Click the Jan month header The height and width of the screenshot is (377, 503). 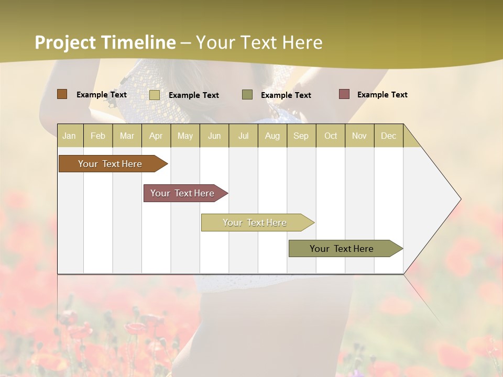click(x=70, y=136)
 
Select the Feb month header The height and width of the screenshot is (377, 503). click(x=98, y=136)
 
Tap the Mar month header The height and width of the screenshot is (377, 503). click(x=127, y=136)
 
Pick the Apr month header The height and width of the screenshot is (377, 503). click(x=156, y=136)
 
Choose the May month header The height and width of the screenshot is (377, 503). click(x=185, y=136)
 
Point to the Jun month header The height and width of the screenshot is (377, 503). click(x=214, y=136)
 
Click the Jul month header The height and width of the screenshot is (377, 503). click(x=243, y=136)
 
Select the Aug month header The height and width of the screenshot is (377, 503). click(x=272, y=136)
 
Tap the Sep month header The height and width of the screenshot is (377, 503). click(x=301, y=136)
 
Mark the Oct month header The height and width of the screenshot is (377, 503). click(x=331, y=136)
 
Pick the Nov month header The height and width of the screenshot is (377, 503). click(x=359, y=136)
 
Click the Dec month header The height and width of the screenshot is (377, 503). click(x=389, y=136)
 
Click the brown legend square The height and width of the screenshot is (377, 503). click(x=62, y=94)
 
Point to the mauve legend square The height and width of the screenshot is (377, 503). click(x=344, y=94)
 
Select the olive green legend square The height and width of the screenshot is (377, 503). click(x=247, y=95)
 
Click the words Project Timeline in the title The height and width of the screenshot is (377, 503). click(x=105, y=42)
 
